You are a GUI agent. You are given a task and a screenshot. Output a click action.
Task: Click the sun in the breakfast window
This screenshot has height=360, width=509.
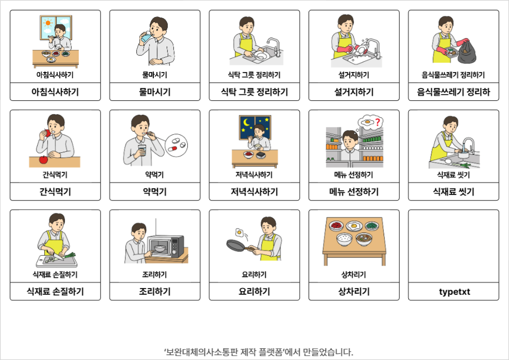(48, 23)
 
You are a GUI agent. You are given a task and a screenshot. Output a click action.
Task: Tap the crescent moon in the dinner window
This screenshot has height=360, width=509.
(247, 122)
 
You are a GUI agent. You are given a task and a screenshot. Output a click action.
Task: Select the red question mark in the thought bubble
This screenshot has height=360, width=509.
(377, 122)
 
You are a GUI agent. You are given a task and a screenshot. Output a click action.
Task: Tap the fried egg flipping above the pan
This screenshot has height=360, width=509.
(240, 232)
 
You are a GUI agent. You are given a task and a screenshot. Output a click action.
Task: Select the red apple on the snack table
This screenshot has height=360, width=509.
(43, 159)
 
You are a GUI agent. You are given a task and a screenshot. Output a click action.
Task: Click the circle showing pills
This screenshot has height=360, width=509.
(176, 145)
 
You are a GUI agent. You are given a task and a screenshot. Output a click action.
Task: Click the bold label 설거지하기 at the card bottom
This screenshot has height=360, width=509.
(354, 92)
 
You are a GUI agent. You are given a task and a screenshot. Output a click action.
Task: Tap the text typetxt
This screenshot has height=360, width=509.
(454, 292)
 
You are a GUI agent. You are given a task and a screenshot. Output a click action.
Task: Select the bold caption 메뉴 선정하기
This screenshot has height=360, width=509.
(354, 192)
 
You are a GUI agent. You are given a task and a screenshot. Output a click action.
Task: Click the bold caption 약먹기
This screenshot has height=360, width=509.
(155, 192)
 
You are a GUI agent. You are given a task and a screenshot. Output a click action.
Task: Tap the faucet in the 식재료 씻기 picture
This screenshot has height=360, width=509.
(468, 145)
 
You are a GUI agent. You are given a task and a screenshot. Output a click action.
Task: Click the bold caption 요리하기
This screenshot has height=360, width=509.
(254, 292)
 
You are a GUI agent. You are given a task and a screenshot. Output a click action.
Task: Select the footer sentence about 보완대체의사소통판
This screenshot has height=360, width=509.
(259, 352)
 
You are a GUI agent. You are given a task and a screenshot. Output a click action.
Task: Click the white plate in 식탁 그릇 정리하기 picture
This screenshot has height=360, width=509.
(260, 55)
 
